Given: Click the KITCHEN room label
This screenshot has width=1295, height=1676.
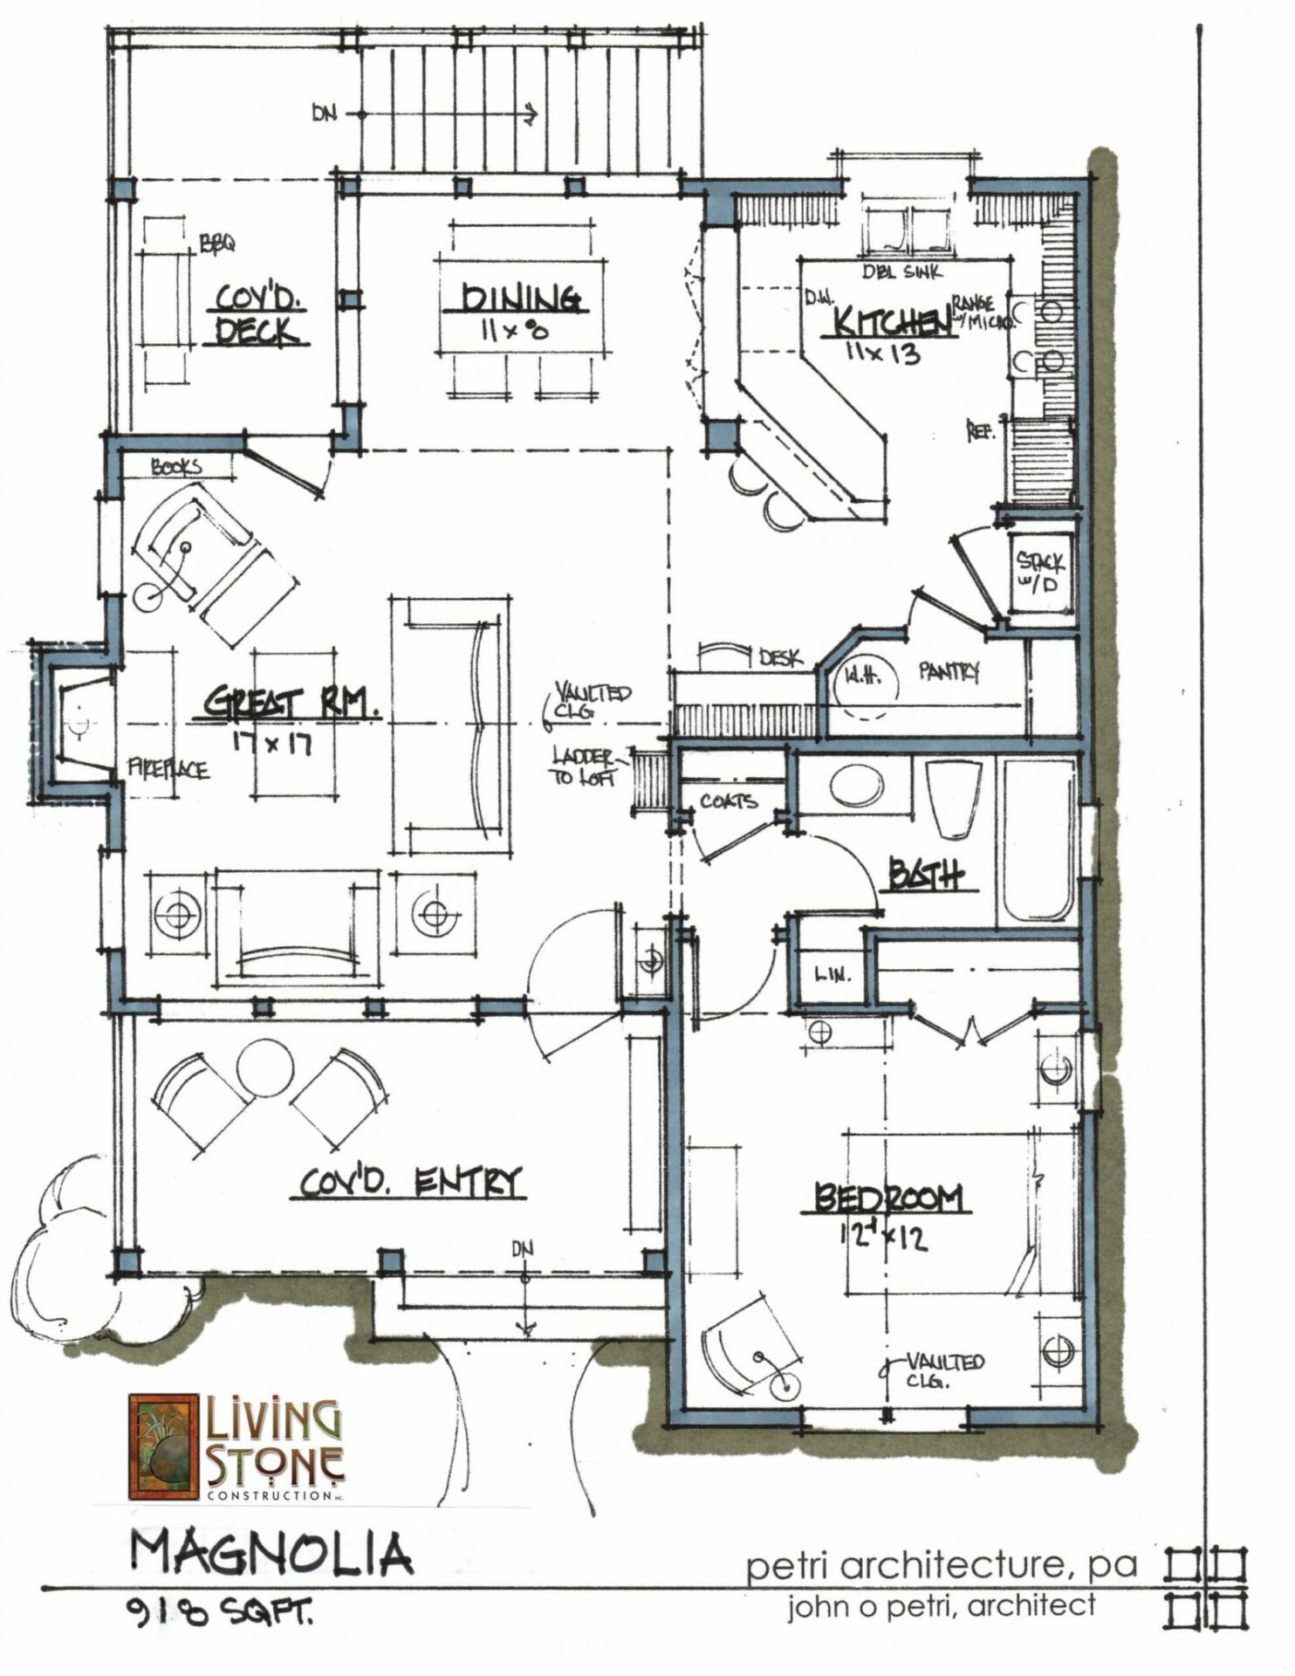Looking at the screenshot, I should pos(890,322).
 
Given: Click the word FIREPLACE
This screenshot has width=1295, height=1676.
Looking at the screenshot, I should pos(168,770).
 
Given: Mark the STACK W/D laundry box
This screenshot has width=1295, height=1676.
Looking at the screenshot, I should pos(1040,572).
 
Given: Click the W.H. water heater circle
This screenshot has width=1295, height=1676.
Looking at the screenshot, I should pos(864,678).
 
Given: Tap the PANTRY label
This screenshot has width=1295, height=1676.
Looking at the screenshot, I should pos(949,671).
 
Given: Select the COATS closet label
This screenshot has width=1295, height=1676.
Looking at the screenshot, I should pos(728,800).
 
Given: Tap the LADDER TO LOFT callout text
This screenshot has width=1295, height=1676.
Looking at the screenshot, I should pos(583,766).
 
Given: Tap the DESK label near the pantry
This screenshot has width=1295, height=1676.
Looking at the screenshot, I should pos(779,658).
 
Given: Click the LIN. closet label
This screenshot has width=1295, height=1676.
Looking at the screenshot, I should pos(832,974).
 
